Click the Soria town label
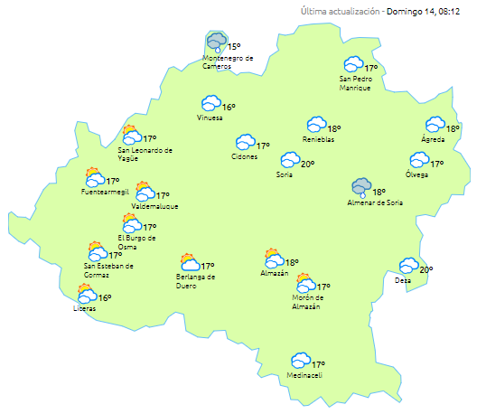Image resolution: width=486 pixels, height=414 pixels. [x=285, y=174]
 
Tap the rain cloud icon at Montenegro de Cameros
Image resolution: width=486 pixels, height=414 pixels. [x=217, y=42]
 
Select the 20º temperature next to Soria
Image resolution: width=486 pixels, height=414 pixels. [x=307, y=164]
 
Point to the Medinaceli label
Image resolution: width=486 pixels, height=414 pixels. [x=304, y=375]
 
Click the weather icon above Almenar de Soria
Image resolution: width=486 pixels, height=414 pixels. [x=361, y=188]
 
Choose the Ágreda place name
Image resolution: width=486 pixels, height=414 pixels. [x=434, y=139]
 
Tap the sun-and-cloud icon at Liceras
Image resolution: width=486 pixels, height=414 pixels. [x=87, y=294]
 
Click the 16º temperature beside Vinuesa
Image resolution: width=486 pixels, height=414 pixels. [x=229, y=107]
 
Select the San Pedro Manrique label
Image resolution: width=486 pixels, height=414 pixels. [x=355, y=82]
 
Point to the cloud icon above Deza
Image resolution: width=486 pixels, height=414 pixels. [x=409, y=266]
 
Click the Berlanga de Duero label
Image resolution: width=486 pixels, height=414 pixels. [x=195, y=281]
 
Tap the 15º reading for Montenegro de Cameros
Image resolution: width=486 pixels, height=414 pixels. [x=234, y=46]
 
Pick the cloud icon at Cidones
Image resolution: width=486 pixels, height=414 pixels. [x=245, y=143]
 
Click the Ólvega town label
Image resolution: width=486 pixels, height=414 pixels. [x=416, y=174]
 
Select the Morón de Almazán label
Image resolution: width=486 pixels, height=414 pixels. [x=306, y=302]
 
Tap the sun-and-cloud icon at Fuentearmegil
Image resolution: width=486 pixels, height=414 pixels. [x=93, y=176]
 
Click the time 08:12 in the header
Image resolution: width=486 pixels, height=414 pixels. [x=449, y=12]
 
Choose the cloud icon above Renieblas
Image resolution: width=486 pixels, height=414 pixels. [x=316, y=125]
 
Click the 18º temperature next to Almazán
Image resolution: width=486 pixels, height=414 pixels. [x=292, y=262]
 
